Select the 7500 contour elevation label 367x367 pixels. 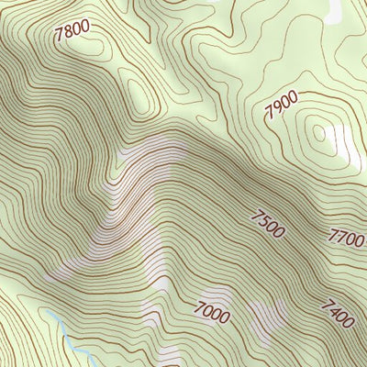(x=268, y=223)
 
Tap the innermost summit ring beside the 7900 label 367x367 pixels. (x=318, y=134)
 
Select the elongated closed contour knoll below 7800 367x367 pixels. (x=138, y=92)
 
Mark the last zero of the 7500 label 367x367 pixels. (x=279, y=231)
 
